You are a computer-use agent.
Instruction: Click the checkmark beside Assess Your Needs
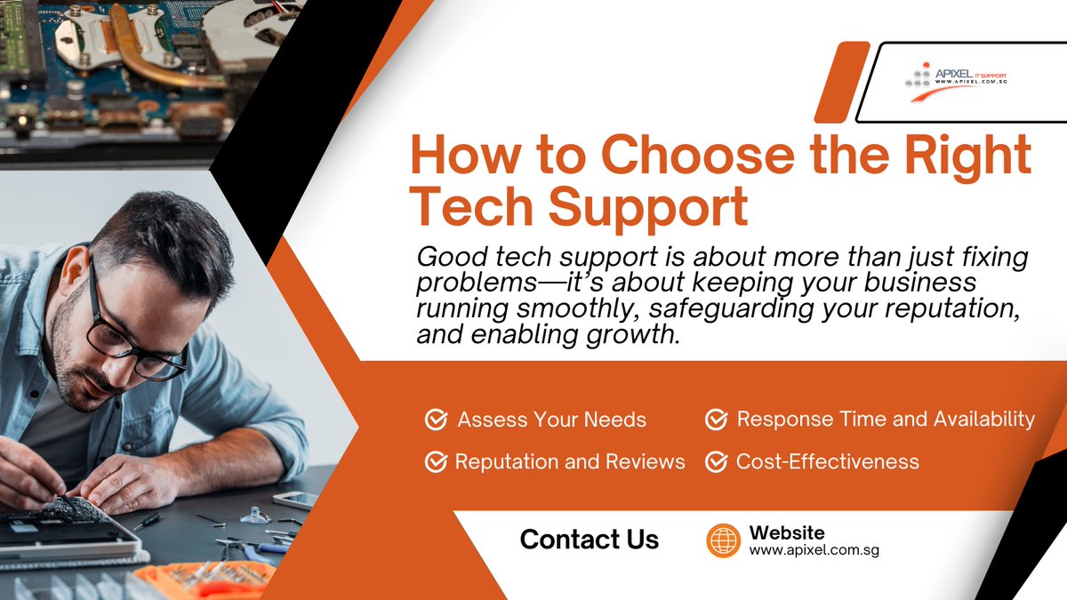tap(436, 420)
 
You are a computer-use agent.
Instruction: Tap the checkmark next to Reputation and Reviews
tap(436, 461)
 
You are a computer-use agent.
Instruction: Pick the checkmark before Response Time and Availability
tap(716, 420)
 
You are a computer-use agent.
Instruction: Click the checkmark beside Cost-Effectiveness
tap(716, 461)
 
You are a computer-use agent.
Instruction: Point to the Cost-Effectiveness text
tap(828, 461)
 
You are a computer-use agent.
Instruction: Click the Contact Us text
tap(590, 540)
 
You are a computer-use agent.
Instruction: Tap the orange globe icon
tap(723, 540)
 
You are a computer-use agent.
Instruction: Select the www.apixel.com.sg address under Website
tap(814, 551)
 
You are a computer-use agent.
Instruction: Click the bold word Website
tap(787, 532)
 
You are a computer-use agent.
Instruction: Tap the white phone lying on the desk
tap(294, 500)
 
